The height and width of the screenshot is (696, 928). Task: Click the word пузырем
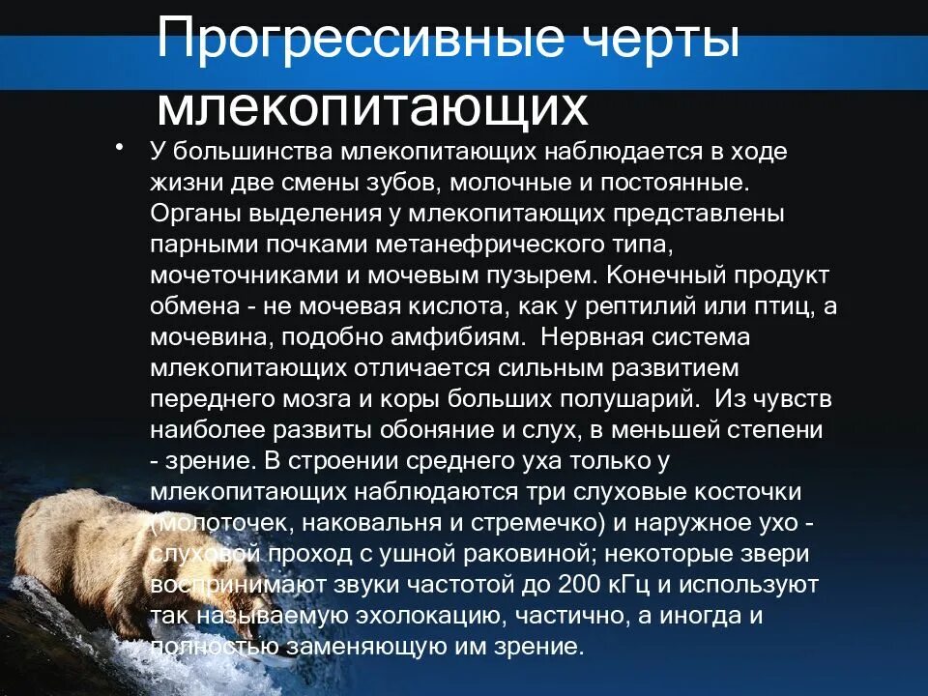coord(539,275)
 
